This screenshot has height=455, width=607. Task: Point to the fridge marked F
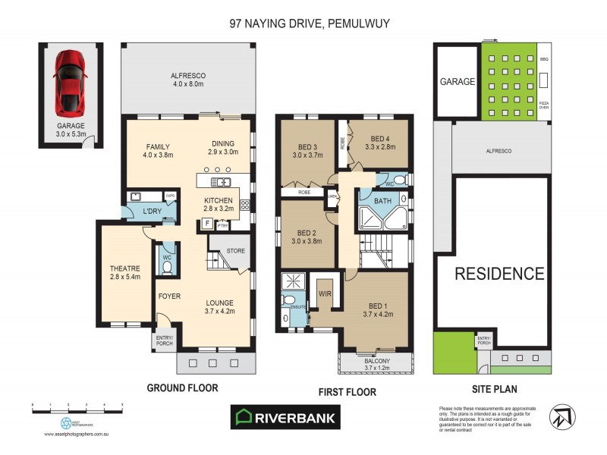click(206, 224)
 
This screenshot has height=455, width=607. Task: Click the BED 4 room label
click(380, 143)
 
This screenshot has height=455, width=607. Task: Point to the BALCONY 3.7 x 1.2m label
click(376, 365)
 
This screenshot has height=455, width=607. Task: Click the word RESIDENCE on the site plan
click(499, 274)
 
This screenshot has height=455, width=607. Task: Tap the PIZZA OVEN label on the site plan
click(544, 105)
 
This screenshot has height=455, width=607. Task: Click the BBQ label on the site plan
click(543, 58)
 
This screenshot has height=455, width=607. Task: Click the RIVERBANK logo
click(286, 416)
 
